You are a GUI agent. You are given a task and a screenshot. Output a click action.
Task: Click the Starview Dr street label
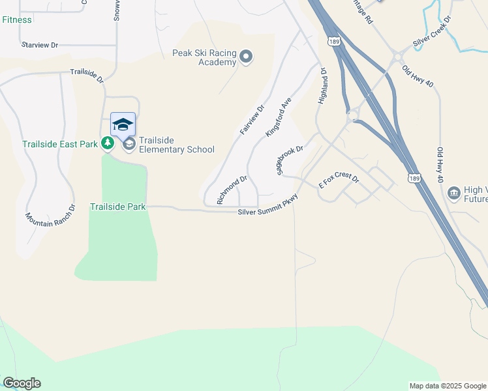pyautogui.click(x=40, y=45)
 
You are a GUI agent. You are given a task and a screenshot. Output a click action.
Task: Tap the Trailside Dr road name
pyautogui.click(x=87, y=76)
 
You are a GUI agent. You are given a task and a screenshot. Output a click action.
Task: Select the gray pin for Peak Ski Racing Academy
pyautogui.click(x=246, y=57)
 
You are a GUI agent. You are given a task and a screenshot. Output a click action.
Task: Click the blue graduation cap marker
pyautogui.click(x=123, y=124)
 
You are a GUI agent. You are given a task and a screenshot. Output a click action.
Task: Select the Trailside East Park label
pyautogui.click(x=59, y=143)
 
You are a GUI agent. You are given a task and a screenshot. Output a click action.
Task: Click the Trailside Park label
pyautogui.click(x=117, y=207)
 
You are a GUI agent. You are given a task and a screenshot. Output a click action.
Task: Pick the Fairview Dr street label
pyautogui.click(x=252, y=120)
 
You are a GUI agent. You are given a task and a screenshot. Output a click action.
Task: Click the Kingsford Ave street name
pyautogui.click(x=277, y=118)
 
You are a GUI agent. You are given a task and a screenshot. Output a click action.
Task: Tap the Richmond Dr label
pyautogui.click(x=232, y=188)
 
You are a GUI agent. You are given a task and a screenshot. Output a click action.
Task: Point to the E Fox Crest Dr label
pyautogui.click(x=339, y=181)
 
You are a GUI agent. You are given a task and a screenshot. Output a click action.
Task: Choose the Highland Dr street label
pyautogui.click(x=322, y=86)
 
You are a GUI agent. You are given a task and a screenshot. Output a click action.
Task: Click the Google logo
pyautogui.click(x=22, y=383)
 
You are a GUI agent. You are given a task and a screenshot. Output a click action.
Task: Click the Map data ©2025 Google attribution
pyautogui.click(x=447, y=386)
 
